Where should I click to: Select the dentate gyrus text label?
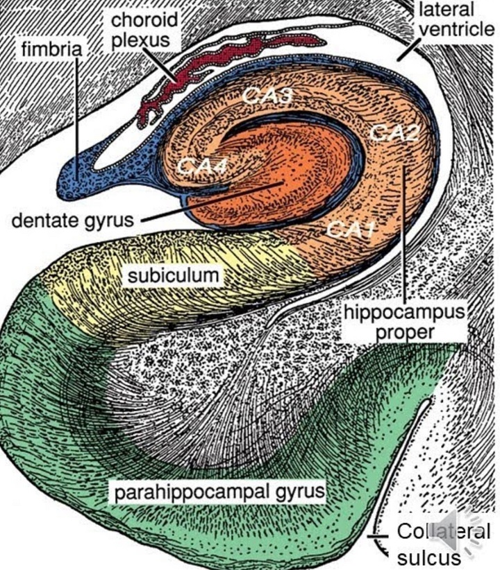pos(73,222)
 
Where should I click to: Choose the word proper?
pos(403,333)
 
